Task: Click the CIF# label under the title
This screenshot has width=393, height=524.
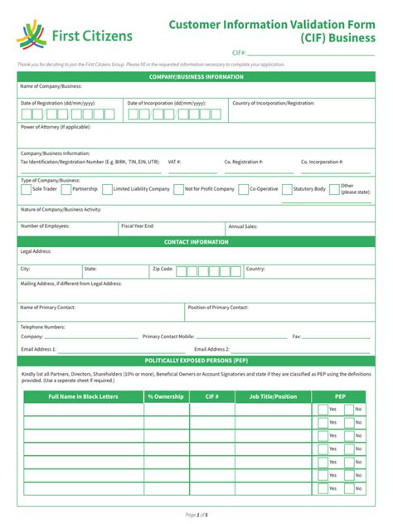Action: [x=238, y=52]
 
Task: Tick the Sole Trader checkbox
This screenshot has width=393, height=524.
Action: [x=26, y=190]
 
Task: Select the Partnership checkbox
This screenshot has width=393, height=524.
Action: [x=65, y=190]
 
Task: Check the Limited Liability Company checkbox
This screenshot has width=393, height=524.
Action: [x=106, y=190]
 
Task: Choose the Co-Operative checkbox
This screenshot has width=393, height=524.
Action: [x=243, y=190]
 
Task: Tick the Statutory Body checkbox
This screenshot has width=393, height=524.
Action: [x=287, y=190]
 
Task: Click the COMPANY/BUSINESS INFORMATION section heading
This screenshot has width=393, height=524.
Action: [x=196, y=77]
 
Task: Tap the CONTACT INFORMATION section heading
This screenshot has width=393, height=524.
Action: [x=196, y=242]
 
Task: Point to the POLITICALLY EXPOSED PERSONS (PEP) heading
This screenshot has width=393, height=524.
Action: [x=196, y=361]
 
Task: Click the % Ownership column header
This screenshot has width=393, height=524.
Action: [x=166, y=397]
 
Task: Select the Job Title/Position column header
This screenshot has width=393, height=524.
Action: [x=273, y=397]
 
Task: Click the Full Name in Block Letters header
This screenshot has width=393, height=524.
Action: [x=84, y=397]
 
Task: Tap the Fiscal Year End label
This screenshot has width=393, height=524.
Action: [x=138, y=226]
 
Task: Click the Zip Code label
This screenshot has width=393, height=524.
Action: [x=163, y=269]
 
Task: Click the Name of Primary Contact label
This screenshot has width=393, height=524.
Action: [x=47, y=308]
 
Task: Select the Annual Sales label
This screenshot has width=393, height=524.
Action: [x=243, y=226]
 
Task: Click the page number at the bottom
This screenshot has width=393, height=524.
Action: [x=196, y=515]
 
